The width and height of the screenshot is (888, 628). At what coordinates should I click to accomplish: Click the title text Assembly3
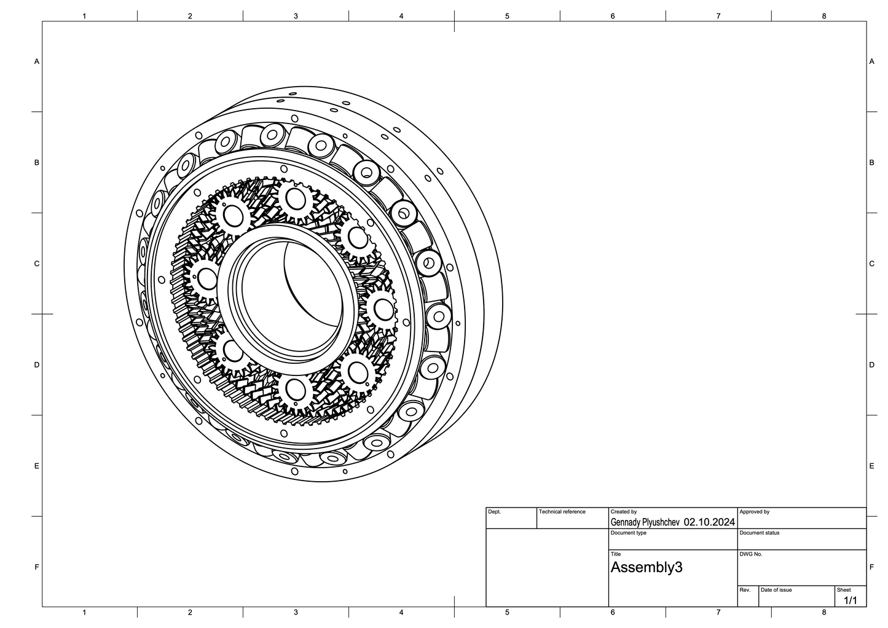646,568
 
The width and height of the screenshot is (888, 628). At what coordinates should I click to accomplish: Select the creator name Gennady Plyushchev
645,522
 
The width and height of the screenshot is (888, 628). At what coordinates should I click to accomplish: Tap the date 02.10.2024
709,522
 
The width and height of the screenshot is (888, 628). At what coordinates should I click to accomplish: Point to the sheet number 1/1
851,600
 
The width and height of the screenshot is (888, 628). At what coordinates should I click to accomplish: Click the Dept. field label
494,512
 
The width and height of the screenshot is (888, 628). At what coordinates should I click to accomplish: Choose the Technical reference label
562,512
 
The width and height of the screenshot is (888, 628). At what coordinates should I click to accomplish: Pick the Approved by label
755,512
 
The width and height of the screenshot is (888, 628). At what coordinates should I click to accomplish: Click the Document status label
759,533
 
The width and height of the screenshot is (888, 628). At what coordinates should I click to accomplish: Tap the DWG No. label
751,554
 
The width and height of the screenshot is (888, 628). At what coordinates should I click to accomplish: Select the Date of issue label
776,590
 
